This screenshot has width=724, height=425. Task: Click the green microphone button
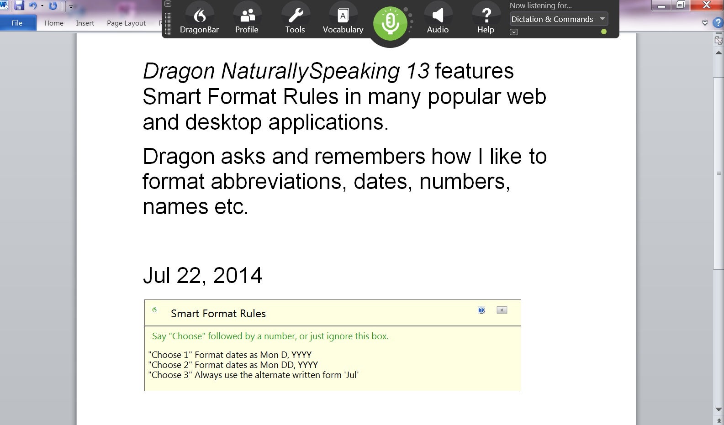pos(390,23)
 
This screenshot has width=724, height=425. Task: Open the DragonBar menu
pos(199,21)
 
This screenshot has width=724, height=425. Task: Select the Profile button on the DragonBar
pos(247,21)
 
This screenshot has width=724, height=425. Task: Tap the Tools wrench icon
pos(296,15)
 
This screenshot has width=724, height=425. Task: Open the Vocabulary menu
pos(343,21)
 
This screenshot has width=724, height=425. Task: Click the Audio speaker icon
pos(438,15)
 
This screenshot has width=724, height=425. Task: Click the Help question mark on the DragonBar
pos(486,15)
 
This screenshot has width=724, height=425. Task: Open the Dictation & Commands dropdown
pos(559,19)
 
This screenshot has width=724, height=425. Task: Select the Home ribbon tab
pos(53,23)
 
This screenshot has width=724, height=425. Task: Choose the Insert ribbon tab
pos(85,23)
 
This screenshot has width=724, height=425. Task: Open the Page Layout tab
pos(126,23)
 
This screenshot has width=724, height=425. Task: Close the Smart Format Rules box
pos(502,310)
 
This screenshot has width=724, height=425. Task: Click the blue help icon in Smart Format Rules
pos(481,310)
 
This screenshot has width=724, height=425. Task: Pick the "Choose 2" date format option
pos(233,365)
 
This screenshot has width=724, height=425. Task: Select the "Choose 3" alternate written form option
pos(254,375)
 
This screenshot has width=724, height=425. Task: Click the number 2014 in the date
pos(237,275)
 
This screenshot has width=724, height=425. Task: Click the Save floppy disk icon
pos(19,5)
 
